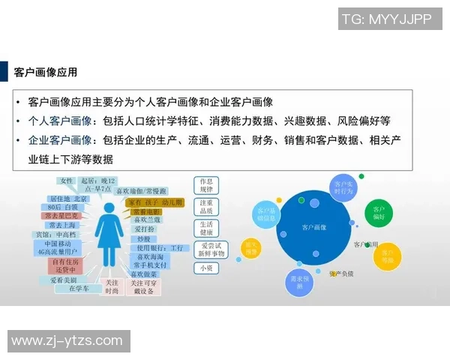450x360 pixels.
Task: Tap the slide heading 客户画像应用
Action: pyautogui.click(x=46, y=73)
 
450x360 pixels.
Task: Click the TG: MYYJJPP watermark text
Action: pyautogui.click(x=386, y=19)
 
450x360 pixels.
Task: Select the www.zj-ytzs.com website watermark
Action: pyautogui.click(x=67, y=341)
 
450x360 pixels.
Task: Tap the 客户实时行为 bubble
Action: pyautogui.click(x=343, y=187)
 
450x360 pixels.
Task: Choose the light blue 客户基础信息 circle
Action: pyautogui.click(x=267, y=214)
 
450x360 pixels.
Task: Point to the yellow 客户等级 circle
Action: pyautogui.click(x=388, y=256)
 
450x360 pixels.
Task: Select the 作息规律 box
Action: pyautogui.click(x=207, y=185)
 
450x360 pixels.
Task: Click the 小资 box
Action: pyautogui.click(x=205, y=268)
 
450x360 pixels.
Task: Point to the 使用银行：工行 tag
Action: pyautogui.click(x=160, y=247)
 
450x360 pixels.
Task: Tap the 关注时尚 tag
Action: pyautogui.click(x=112, y=286)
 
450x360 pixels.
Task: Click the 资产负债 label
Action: pyautogui.click(x=342, y=274)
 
